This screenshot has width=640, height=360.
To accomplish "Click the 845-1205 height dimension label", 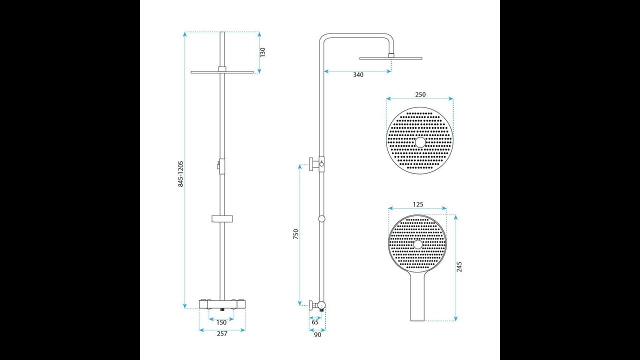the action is point(181,173).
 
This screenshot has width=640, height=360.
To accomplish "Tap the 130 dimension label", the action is point(262,52).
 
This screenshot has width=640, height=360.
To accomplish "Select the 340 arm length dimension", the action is point(358,75).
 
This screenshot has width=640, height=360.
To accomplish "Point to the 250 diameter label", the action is point(420,94).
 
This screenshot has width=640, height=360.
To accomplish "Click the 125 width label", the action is point(418,204).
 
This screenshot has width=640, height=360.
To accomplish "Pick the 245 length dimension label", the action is point(459,266).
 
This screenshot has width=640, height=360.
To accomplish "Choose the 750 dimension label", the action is point(295,234).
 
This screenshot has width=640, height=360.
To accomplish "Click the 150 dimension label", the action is point(221,322).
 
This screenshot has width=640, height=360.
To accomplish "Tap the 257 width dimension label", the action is point(222,333).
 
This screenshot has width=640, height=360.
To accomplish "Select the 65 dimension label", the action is point(315,322).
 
